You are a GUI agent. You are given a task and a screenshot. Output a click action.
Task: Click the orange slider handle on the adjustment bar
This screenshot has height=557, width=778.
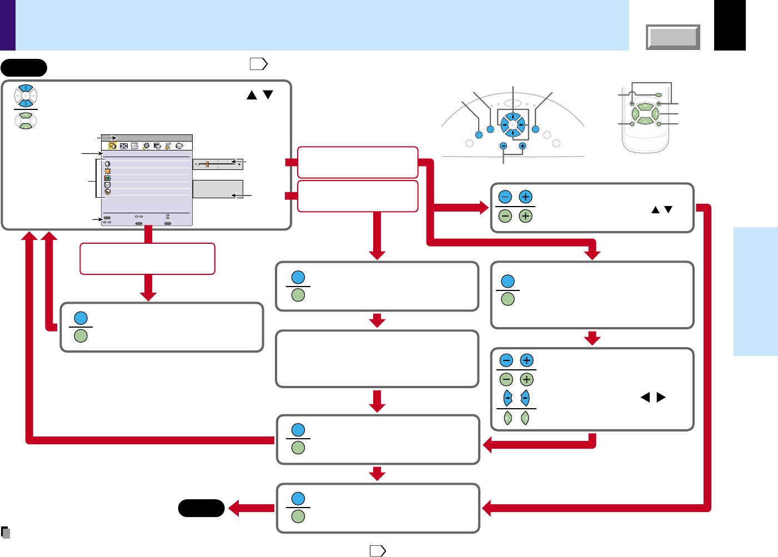pyautogui.click(x=207, y=164)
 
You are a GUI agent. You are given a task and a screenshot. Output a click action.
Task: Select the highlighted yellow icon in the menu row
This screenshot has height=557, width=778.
pyautogui.click(x=112, y=146)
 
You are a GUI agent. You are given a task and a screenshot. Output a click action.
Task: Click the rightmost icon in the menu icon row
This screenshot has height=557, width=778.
pyautogui.click(x=179, y=146)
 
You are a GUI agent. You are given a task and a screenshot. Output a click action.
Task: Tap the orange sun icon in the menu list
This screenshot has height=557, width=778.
pyautogui.click(x=107, y=171)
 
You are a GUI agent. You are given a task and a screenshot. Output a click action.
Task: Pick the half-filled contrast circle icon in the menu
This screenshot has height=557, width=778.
pyautogui.click(x=107, y=164)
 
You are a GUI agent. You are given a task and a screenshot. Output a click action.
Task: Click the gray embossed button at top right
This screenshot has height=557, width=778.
pyautogui.click(x=672, y=37)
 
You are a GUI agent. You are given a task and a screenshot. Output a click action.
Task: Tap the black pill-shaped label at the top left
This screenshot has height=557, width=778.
pyautogui.click(x=24, y=68)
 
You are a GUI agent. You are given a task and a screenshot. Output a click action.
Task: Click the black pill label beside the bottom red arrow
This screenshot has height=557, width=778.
pyautogui.click(x=201, y=508)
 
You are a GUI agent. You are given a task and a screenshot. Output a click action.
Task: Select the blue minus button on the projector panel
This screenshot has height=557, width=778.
pyautogui.click(x=503, y=146)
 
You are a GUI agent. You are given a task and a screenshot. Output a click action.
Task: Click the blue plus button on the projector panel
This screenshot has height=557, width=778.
pyautogui.click(x=523, y=146)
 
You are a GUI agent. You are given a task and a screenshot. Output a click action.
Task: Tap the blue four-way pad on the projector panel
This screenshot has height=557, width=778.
pyautogui.click(x=512, y=125)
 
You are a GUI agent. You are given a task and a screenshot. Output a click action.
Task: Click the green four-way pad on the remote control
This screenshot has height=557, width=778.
pyautogui.click(x=645, y=114)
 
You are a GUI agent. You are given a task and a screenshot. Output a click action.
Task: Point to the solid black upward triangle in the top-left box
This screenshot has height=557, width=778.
pyautogui.click(x=252, y=95)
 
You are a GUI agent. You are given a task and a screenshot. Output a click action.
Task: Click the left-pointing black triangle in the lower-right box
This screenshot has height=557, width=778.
pyautogui.click(x=645, y=398)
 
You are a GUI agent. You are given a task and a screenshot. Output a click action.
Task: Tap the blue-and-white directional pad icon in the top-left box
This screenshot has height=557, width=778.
pyautogui.click(x=26, y=96)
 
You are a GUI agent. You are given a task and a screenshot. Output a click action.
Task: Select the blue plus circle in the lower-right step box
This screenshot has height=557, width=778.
pyautogui.click(x=527, y=360)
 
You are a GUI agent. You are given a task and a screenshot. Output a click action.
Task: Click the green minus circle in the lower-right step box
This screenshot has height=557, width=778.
pyautogui.click(x=506, y=380)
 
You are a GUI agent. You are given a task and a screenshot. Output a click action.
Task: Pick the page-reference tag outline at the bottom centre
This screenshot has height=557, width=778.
pyautogui.click(x=378, y=551)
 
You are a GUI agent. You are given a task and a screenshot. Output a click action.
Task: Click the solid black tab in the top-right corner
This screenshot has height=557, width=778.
pyautogui.click(x=730, y=25)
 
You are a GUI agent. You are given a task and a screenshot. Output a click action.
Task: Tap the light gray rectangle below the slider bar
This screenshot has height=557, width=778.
pyautogui.click(x=218, y=189)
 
